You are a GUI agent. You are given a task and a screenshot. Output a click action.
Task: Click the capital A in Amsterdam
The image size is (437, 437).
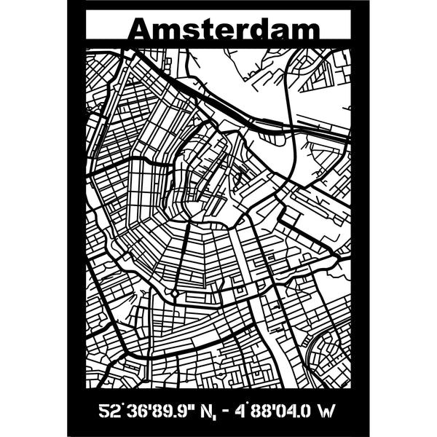coord(140,31)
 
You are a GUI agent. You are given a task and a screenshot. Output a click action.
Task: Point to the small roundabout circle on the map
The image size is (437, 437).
coord(175,294)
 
